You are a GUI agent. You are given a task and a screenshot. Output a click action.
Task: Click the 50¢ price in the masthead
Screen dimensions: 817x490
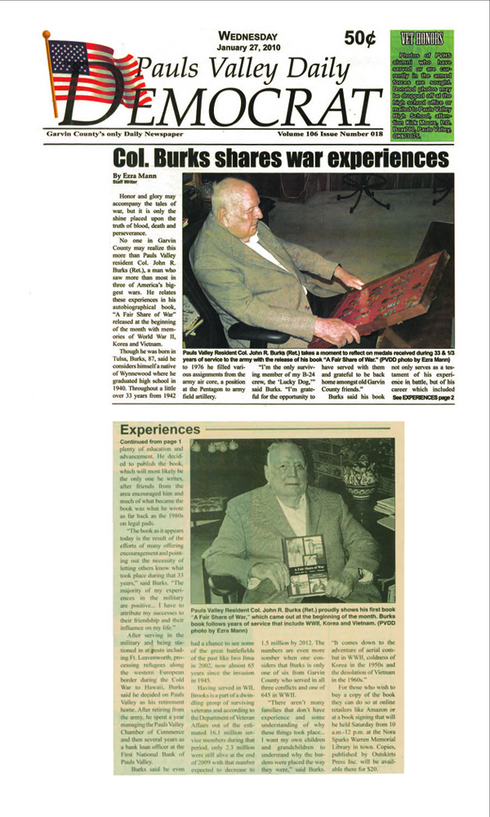point(360,38)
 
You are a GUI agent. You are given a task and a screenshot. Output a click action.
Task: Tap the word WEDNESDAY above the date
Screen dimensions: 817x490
point(248,35)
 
